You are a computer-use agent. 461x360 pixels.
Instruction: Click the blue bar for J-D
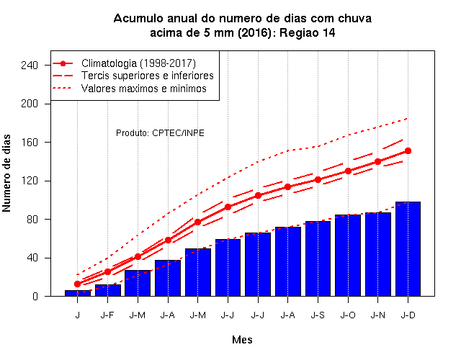pyautogui.click(x=408, y=249)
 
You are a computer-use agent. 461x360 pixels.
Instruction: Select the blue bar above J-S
pyautogui.click(x=318, y=258)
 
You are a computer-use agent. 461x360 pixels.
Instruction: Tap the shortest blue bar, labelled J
pyautogui.click(x=78, y=293)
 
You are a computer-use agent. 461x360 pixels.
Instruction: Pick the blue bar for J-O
pyautogui.click(x=348, y=256)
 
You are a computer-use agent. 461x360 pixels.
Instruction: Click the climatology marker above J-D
pyautogui.click(x=408, y=150)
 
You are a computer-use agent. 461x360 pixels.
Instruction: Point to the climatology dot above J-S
pyautogui.click(x=318, y=179)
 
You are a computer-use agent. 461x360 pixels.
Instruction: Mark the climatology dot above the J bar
pyautogui.click(x=77, y=284)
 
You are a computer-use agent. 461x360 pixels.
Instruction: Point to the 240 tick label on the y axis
pyautogui.click(x=30, y=65)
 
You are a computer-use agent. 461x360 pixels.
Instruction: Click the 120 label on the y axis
pyautogui.click(x=30, y=181)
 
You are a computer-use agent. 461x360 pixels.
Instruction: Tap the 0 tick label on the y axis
pyautogui.click(x=35, y=296)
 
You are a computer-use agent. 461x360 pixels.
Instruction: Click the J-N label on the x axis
pyautogui.click(x=377, y=315)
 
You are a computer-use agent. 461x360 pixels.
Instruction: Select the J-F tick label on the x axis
pyautogui.click(x=107, y=315)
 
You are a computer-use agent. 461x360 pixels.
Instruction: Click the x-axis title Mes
pyautogui.click(x=242, y=340)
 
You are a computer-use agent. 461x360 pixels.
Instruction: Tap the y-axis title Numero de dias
pyautogui.click(x=6, y=173)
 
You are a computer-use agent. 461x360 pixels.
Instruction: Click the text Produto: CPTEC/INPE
pyautogui.click(x=160, y=132)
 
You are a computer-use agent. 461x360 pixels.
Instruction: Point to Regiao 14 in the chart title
pyautogui.click(x=308, y=32)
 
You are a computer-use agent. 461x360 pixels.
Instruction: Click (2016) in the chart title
pyautogui.click(x=254, y=32)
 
